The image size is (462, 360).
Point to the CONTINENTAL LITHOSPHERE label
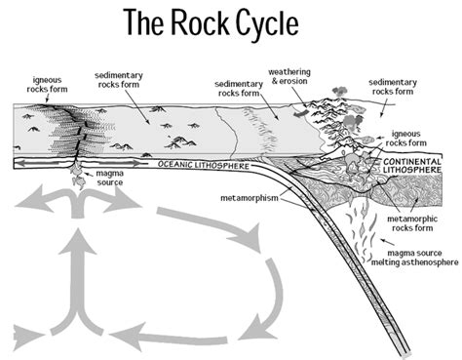416,167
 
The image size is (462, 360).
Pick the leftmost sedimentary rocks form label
121,80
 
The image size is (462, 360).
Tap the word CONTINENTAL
416,161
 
